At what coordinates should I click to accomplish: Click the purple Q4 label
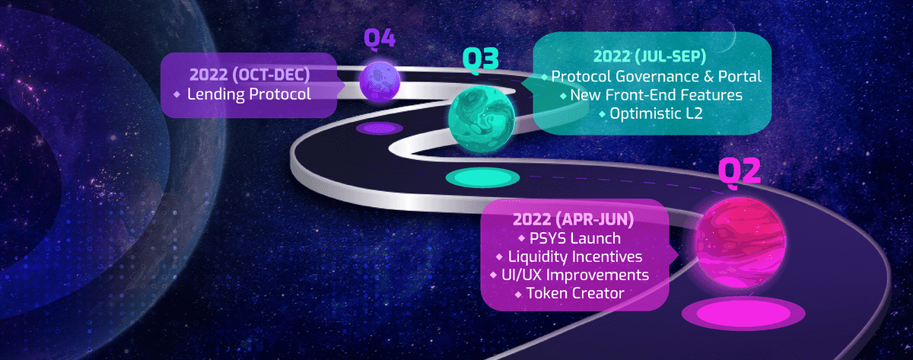click(x=380, y=39)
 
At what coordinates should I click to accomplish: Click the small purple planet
click(x=380, y=81)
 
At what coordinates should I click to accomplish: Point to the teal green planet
click(x=482, y=119)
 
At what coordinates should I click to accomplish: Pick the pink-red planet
click(x=740, y=243)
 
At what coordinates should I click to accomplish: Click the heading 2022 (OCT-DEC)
click(x=250, y=75)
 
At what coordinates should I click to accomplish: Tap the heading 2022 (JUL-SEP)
click(x=650, y=56)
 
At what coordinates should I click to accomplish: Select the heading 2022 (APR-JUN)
click(x=574, y=219)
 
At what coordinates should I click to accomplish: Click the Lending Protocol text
click(x=249, y=94)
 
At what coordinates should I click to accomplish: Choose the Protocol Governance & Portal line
click(x=656, y=76)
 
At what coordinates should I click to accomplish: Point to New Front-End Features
click(x=656, y=95)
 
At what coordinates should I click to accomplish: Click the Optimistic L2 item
click(x=656, y=113)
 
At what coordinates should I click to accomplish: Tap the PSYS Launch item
click(x=575, y=238)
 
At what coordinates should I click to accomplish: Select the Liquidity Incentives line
click(x=575, y=256)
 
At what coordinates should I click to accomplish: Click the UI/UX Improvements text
click(x=575, y=275)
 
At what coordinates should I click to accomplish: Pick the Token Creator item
click(x=575, y=293)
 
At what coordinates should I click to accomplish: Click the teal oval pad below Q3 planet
click(x=482, y=178)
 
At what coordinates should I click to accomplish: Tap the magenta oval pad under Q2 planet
click(x=743, y=313)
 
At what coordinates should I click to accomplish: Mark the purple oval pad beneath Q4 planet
click(x=380, y=129)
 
